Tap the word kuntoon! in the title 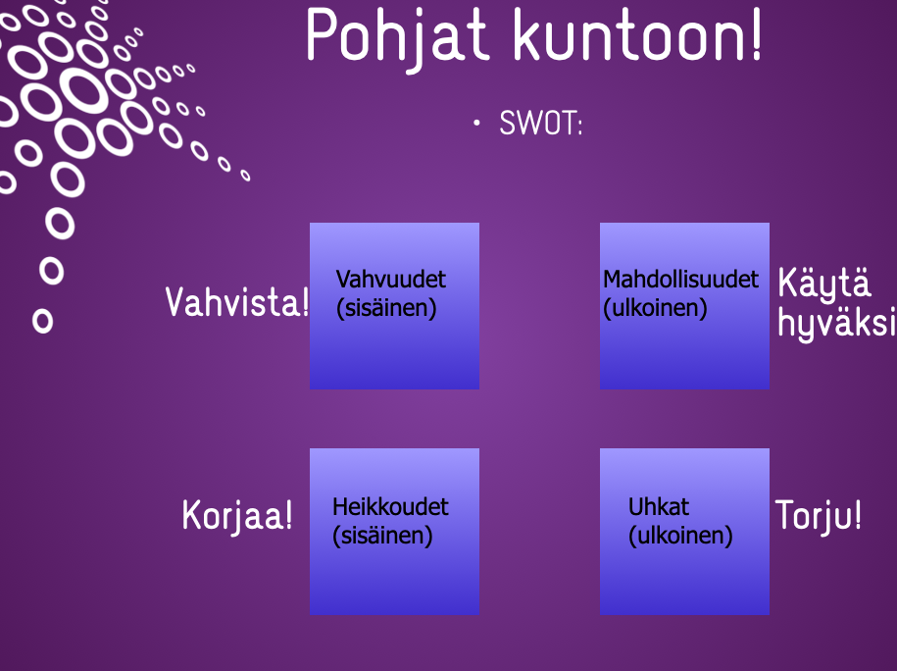tap(638, 33)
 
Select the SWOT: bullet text tap(540, 123)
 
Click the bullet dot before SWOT tap(476, 123)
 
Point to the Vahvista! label tap(237, 302)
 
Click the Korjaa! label tap(237, 515)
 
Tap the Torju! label tap(818, 515)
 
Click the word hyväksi tap(836, 324)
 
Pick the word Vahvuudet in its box tap(391, 280)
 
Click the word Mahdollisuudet tap(680, 280)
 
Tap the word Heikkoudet tap(391, 507)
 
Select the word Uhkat tap(659, 507)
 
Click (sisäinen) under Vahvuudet tap(386, 309)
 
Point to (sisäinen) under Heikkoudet tap(382, 537)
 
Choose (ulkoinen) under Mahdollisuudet tap(655, 309)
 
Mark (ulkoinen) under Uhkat tap(680, 537)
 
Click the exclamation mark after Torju tap(857, 514)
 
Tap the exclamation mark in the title tap(757, 33)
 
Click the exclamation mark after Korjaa tap(288, 514)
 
